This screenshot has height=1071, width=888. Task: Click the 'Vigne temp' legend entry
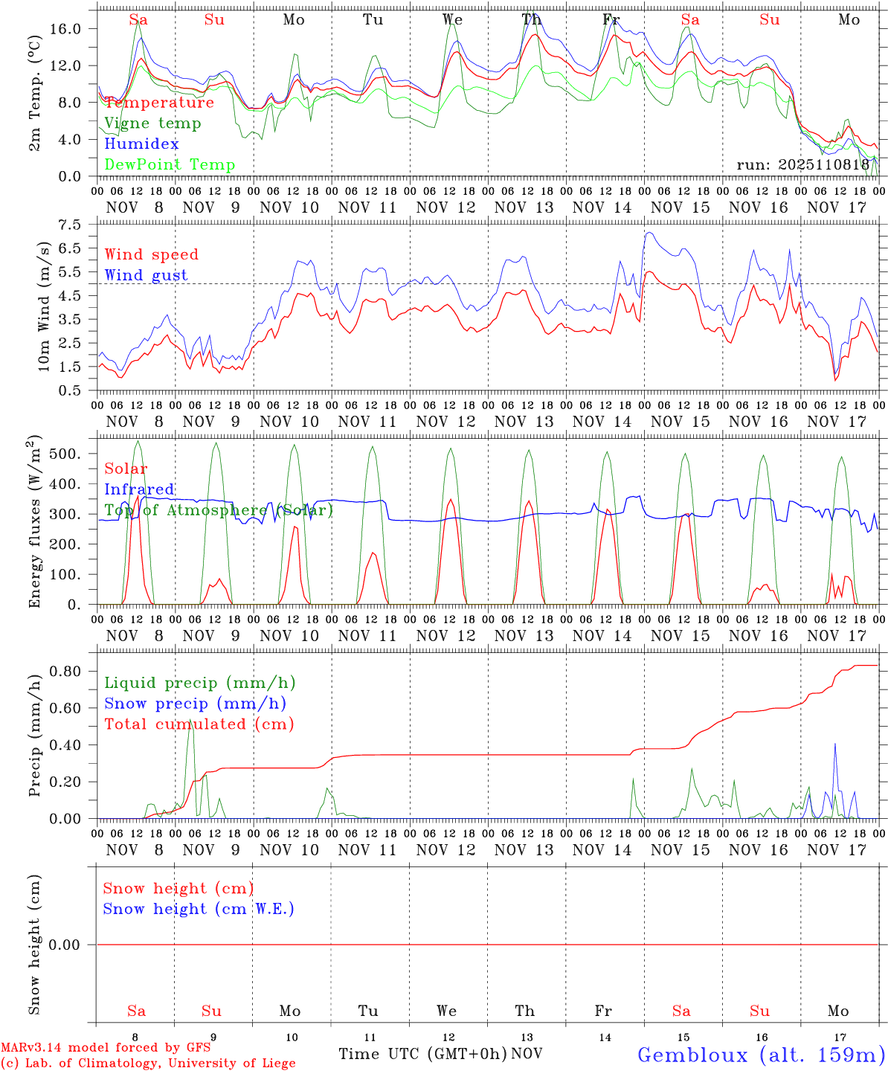(152, 123)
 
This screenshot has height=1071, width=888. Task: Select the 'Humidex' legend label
(141, 144)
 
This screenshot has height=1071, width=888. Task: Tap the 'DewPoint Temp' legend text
(170, 165)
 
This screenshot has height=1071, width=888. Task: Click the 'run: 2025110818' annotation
(802, 165)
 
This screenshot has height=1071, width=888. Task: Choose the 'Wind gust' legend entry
(146, 275)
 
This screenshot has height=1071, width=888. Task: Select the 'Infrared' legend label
(139, 489)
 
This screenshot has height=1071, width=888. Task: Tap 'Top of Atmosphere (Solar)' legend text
(219, 510)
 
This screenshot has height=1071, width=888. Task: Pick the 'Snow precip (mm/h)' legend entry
(195, 704)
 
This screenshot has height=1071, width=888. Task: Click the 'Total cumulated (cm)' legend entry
(199, 724)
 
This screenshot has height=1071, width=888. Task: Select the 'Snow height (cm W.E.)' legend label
(199, 909)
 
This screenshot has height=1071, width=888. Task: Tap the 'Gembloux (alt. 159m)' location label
(761, 1055)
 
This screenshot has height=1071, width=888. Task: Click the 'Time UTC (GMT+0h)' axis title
(423, 1054)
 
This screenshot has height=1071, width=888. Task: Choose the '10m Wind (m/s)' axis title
(45, 306)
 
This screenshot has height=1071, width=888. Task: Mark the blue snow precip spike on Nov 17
(835, 744)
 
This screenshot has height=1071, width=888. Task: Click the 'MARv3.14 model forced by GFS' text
(105, 1048)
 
